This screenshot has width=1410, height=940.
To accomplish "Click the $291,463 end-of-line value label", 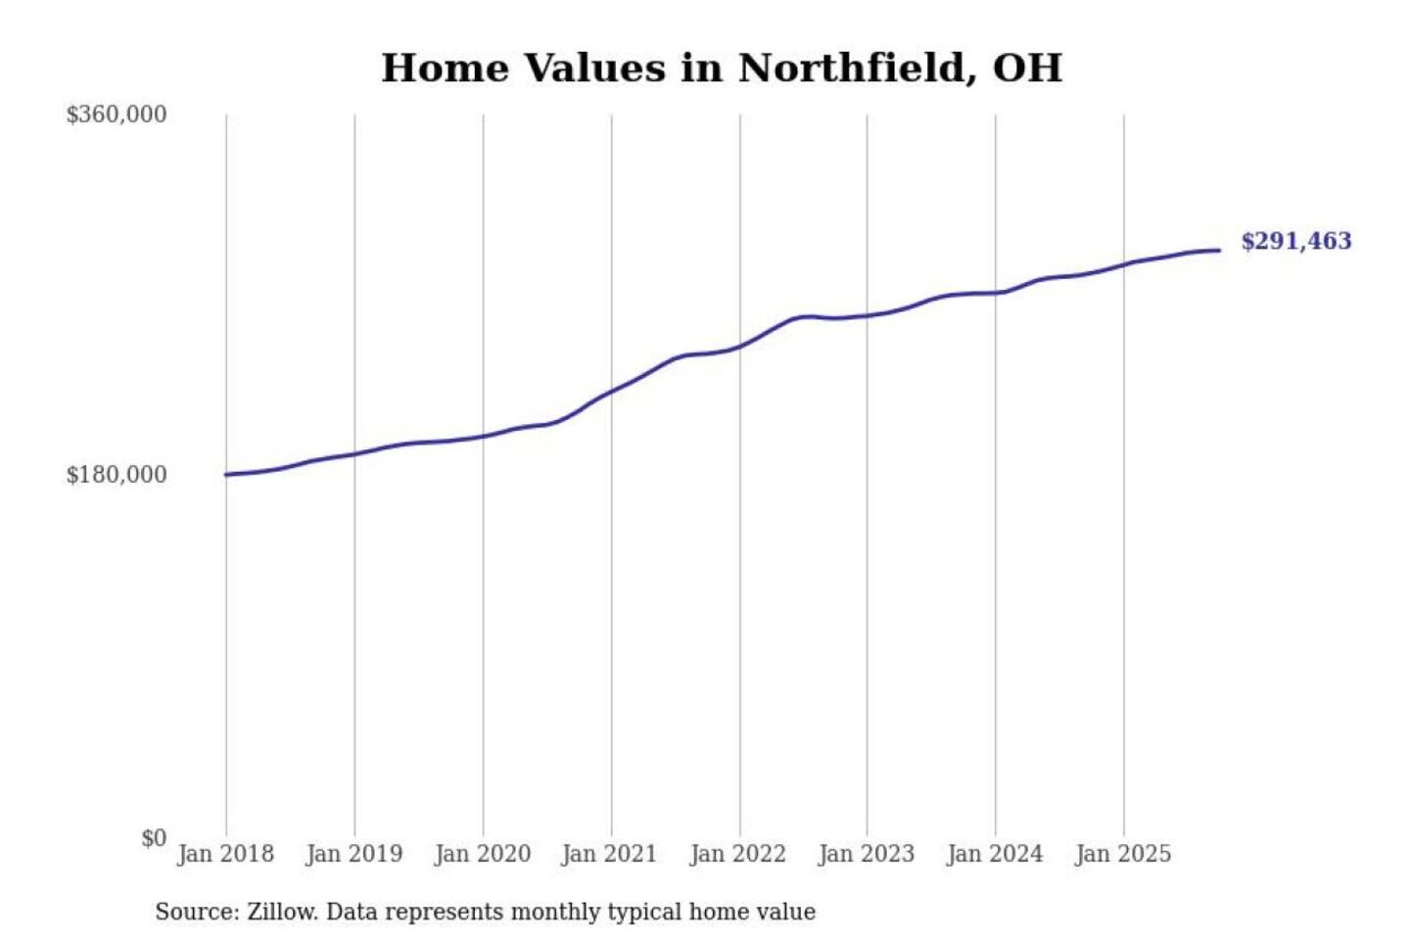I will click(x=1295, y=241).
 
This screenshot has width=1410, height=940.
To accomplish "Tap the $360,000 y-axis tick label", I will click(x=117, y=115).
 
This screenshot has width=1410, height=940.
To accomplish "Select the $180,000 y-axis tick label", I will click(x=117, y=475).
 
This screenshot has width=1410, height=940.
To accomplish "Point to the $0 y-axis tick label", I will click(x=154, y=838).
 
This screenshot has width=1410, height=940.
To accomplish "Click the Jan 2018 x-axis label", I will click(x=225, y=854).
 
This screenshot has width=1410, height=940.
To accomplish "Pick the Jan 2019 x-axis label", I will click(x=353, y=854).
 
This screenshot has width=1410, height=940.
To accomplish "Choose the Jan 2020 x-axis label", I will click(x=482, y=854).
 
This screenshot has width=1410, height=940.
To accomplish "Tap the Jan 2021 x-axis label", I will click(x=609, y=854).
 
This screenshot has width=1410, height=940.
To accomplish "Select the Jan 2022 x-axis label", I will click(x=737, y=854).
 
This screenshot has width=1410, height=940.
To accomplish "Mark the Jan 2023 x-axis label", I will click(x=866, y=854).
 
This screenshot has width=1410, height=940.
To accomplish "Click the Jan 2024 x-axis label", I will click(x=994, y=854).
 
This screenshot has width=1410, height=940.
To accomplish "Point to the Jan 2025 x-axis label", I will click(x=1122, y=854).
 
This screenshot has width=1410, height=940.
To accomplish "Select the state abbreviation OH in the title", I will click(x=1027, y=69).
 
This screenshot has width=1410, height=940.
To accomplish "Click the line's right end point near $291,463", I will click(x=1219, y=251).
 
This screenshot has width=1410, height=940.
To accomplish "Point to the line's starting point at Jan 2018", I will click(x=226, y=475).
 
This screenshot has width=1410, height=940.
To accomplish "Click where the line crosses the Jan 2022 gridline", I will click(x=740, y=346).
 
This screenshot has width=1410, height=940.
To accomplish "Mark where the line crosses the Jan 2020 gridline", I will click(x=483, y=436).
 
